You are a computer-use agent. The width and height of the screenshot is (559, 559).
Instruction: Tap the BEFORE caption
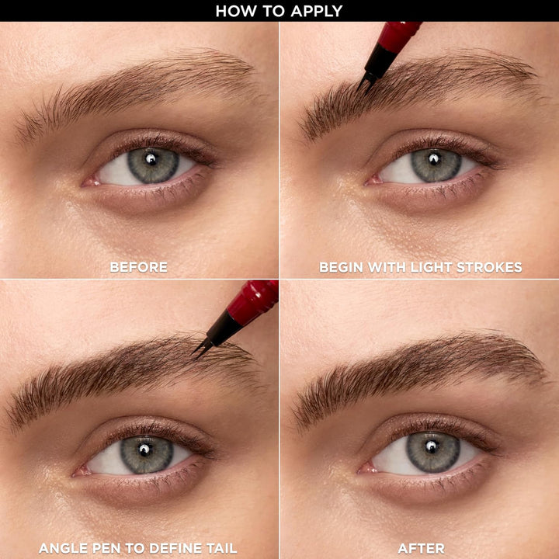click(139, 267)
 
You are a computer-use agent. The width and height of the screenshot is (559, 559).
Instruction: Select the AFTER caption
click(421, 548)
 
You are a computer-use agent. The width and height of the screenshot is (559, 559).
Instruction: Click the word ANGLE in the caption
click(64, 548)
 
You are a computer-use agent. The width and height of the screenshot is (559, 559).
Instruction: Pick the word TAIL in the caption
click(220, 548)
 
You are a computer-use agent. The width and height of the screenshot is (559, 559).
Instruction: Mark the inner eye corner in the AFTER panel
click(364, 468)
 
